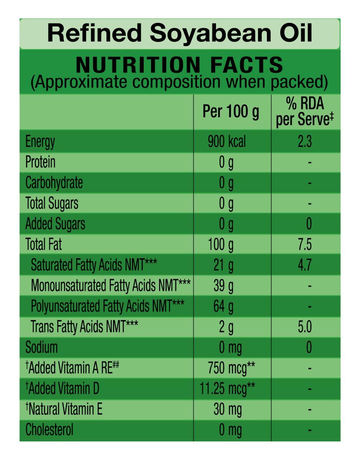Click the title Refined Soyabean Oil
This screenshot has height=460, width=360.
(180, 33)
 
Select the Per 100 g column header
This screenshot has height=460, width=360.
(231, 112)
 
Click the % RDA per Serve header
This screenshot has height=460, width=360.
(305, 112)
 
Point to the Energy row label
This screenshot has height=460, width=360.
(40, 142)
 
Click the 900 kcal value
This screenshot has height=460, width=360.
(227, 142)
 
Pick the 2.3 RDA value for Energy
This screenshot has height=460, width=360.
(304, 142)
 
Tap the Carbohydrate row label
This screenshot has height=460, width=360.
(54, 183)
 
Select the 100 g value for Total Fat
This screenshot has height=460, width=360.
(221, 245)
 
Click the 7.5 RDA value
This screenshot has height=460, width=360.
(304, 245)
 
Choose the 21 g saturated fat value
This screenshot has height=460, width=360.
(223, 265)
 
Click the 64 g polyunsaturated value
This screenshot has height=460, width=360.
(223, 306)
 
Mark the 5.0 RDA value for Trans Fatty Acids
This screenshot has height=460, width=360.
(304, 327)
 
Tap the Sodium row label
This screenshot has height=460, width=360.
(41, 347)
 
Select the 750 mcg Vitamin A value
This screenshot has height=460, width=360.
(231, 368)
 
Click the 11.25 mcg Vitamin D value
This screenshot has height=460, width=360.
(227, 389)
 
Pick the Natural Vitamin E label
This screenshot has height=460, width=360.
(64, 409)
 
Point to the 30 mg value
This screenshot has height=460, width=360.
(228, 409)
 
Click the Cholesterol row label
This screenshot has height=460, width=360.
(49, 430)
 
